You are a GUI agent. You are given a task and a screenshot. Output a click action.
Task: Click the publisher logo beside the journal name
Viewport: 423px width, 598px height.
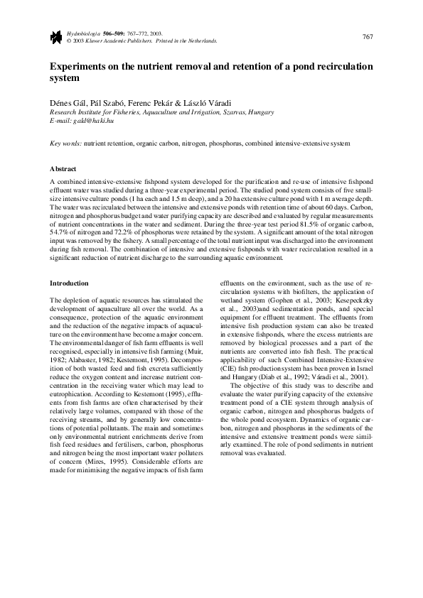(54, 37)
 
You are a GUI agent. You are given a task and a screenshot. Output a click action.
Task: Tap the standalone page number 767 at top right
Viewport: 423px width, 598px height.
(368, 37)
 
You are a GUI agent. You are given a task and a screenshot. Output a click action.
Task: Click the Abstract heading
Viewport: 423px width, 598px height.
(63, 169)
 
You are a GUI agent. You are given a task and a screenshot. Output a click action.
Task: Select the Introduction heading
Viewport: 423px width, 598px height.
(69, 283)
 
